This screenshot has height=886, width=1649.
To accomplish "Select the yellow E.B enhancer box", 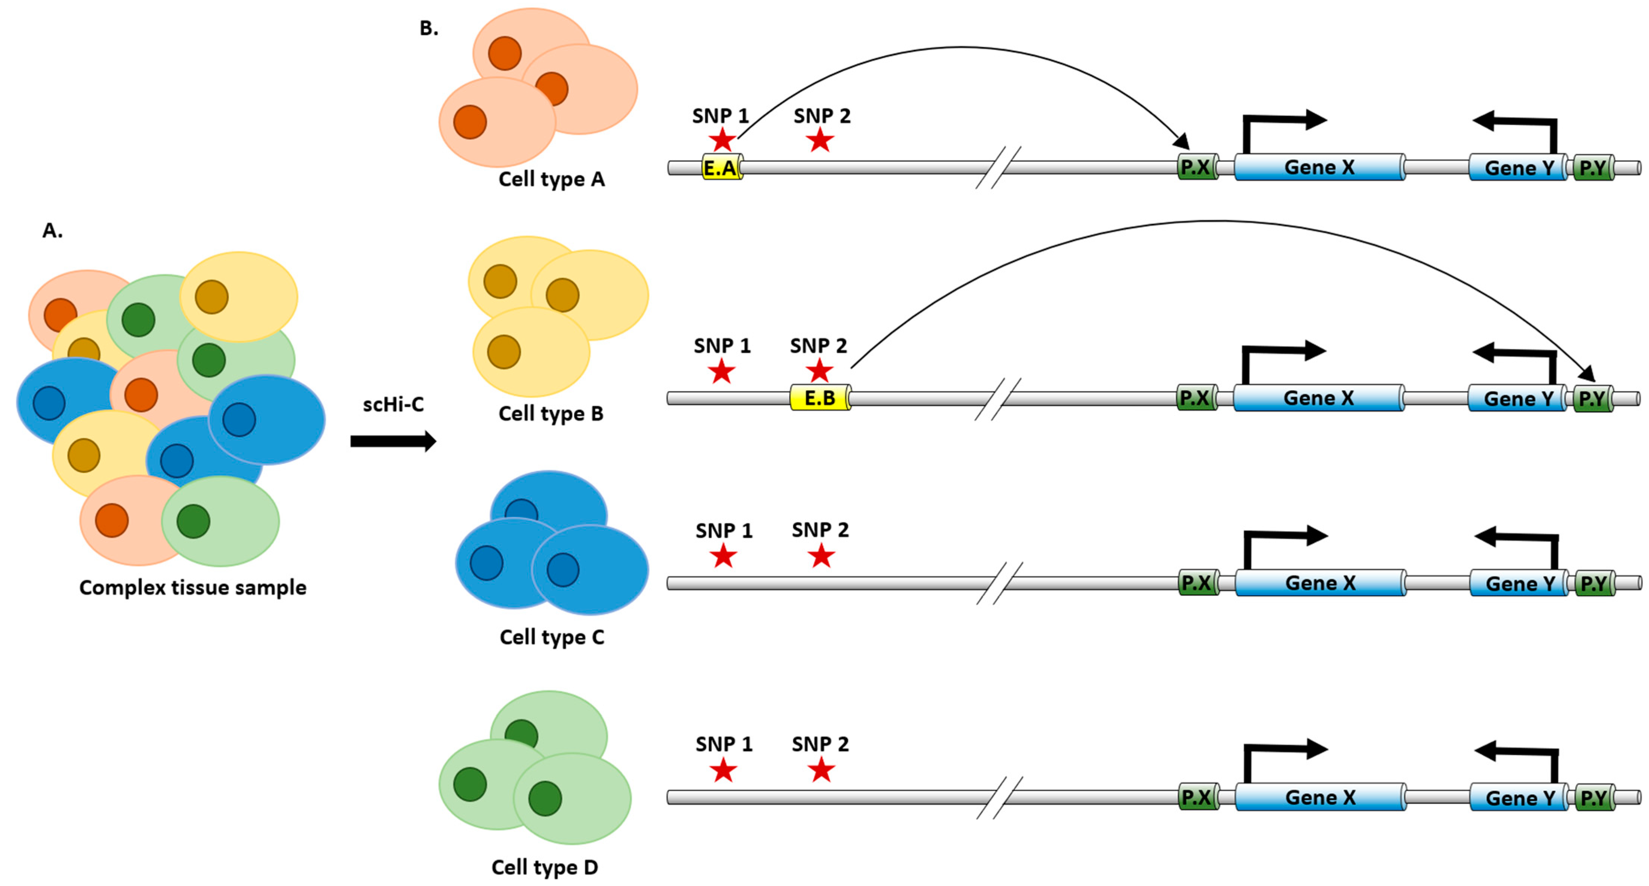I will coord(820,398).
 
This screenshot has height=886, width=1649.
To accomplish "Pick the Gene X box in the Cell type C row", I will coord(1320,583).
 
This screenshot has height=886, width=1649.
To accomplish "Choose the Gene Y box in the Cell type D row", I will coord(1519,797).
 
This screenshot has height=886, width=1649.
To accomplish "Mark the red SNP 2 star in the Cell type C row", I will coord(821,556).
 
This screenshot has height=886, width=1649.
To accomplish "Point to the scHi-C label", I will coord(393,404).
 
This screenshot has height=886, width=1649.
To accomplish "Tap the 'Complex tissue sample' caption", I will coord(193,587).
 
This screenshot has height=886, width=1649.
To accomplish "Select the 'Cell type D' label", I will coord(545,867).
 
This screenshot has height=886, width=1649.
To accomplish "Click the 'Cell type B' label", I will coord(550,413).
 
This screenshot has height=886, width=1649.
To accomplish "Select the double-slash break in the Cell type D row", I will coord(999,797).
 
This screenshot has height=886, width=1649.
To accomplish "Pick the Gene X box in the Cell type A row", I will coord(1319,167).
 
